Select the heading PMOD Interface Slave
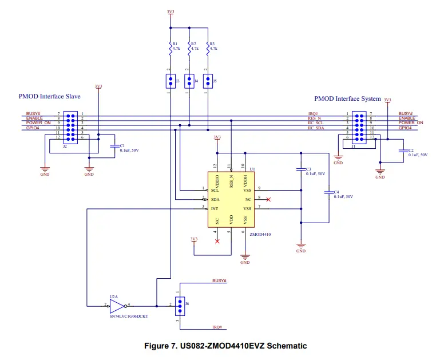click(50, 97)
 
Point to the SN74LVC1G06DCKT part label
click(128, 316)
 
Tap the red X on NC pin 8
click(269, 199)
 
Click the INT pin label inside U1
click(215, 208)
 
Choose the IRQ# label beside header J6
click(217, 327)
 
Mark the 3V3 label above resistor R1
click(171, 11)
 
